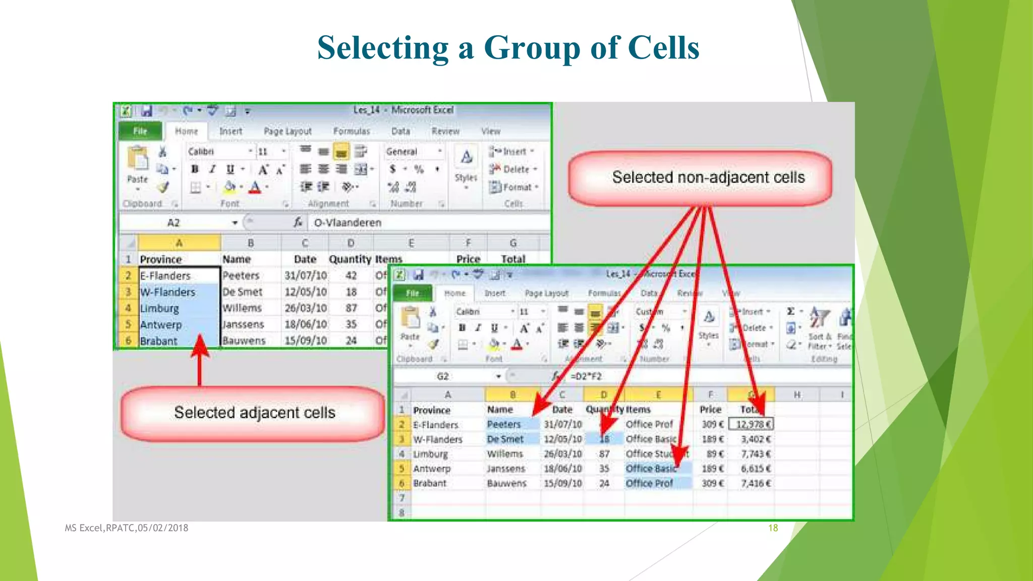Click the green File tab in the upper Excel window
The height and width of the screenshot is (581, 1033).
pos(140,131)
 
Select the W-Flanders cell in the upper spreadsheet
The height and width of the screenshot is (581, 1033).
pos(167,292)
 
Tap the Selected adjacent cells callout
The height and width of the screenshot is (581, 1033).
pos(254,413)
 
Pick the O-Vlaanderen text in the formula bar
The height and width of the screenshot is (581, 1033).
pos(348,222)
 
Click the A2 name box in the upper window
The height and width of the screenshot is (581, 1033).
pos(174,222)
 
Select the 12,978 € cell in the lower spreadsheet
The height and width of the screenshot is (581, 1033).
pos(752,425)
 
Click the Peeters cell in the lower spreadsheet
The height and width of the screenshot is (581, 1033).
pos(503,425)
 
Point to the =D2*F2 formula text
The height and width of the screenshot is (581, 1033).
pos(586,376)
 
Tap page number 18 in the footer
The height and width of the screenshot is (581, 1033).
pos(773,528)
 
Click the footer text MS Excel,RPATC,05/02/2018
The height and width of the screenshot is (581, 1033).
pos(126,528)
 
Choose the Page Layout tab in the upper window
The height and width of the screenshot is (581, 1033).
pos(288,131)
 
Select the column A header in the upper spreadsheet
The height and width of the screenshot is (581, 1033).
pos(179,243)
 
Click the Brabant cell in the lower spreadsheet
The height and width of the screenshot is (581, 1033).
pos(430,483)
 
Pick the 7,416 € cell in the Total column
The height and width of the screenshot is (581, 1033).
pos(755,483)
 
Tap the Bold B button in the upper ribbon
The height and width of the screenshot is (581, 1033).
pos(195,169)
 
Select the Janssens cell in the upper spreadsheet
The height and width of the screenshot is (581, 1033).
pos(243,324)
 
